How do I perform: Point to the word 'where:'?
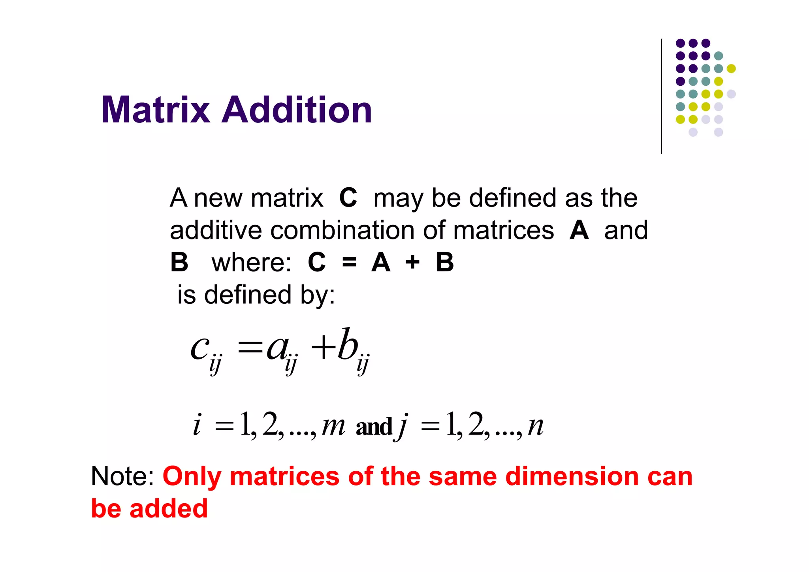tap(251, 263)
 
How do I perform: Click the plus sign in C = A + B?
tap(412, 262)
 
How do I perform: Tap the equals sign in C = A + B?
tap(349, 262)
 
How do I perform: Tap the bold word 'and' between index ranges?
tap(374, 427)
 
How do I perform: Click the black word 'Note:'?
tap(122, 476)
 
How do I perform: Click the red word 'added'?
tap(169, 508)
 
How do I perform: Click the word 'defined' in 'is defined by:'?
tap(248, 295)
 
